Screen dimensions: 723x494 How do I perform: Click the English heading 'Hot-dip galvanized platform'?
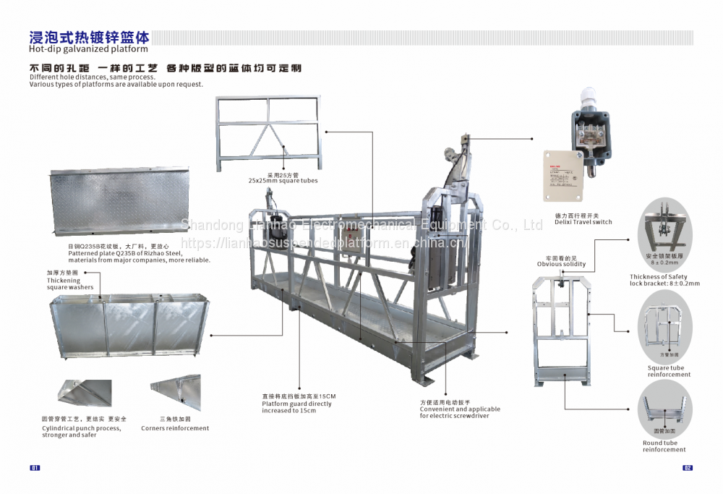pyautogui.click(x=88, y=49)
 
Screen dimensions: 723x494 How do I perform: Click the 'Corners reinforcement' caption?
pyautogui.click(x=175, y=428)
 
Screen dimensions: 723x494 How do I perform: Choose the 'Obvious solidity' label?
pyautogui.click(x=561, y=264)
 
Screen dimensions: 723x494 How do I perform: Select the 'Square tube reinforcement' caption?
pyautogui.click(x=669, y=371)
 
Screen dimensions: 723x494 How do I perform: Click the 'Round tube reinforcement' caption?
pyautogui.click(x=664, y=446)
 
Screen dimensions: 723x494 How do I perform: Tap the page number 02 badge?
pyautogui.click(x=688, y=467)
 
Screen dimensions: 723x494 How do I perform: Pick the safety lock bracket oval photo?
pyautogui.click(x=664, y=231)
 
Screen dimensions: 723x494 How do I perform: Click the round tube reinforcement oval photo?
pyautogui.click(x=664, y=409)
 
